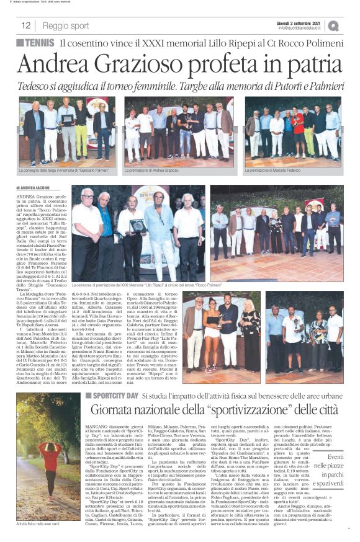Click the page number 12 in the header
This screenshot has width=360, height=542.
coord(26,25)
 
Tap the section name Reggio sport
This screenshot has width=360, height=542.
coord(66,25)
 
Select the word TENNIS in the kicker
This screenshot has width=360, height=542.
coord(40,43)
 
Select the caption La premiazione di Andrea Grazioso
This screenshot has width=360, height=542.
coord(156,170)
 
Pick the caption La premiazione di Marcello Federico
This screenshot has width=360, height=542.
coord(274,170)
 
